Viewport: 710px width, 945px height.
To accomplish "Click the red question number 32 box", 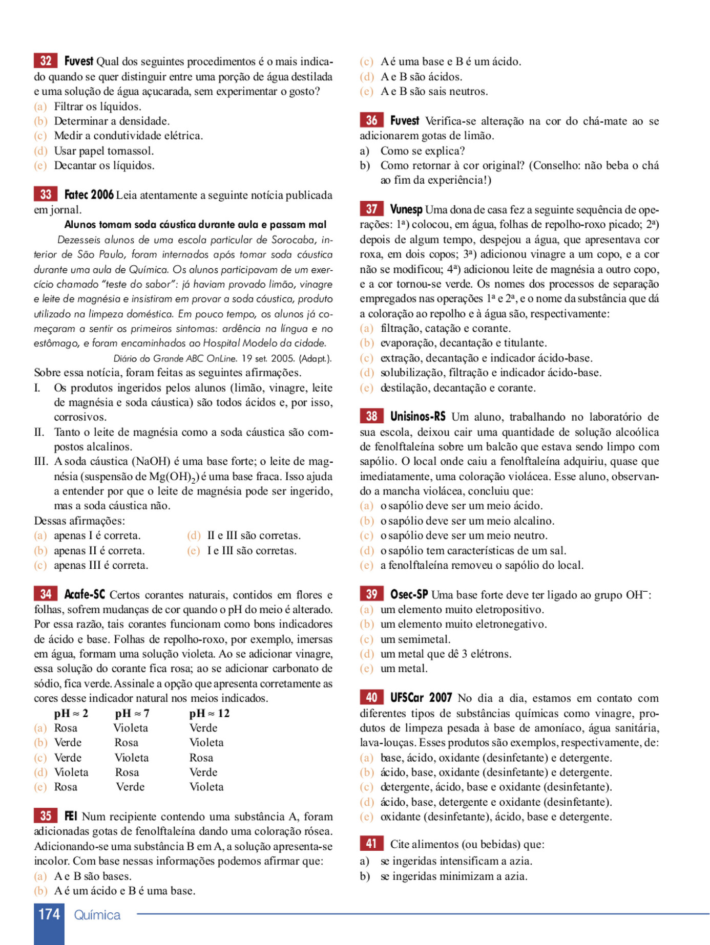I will point(46,61).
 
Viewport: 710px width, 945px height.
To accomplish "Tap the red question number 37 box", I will point(371,209).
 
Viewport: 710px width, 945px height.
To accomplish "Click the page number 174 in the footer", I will point(49,914).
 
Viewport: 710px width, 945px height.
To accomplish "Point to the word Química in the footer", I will point(97,915).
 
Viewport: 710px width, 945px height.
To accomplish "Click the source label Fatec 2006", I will point(89,195).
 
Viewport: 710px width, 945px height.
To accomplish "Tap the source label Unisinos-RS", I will point(417,417).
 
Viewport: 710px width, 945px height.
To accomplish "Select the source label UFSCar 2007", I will point(421,698).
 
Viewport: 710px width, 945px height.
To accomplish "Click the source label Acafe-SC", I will point(85,594).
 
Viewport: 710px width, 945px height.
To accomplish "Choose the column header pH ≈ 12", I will point(209,713).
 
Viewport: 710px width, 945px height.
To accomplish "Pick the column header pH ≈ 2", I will point(71,713).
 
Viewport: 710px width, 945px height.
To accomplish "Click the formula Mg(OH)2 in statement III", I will point(174,477).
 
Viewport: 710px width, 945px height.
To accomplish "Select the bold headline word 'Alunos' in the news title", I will point(80,224).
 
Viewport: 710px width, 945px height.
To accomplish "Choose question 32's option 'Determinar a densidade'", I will point(112,121).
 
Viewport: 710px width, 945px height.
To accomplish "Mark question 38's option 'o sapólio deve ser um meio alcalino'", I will point(467,521).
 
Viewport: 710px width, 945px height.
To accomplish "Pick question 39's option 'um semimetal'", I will point(415,639).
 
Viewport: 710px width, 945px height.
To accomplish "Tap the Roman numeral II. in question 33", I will point(39,432).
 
